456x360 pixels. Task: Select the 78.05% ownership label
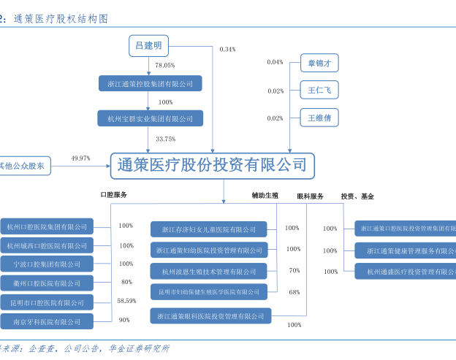[164, 65]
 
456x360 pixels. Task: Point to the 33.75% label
[166, 139]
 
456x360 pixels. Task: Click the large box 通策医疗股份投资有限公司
[212, 165]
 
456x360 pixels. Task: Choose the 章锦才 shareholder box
[319, 64]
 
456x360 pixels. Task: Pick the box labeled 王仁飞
[319, 91]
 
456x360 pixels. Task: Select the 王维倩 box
[319, 118]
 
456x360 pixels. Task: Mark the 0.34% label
[227, 49]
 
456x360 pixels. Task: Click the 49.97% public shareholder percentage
[80, 158]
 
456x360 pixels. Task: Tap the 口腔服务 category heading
[113, 196]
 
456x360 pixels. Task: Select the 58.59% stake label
[126, 301]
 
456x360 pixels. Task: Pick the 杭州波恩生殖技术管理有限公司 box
[209, 272]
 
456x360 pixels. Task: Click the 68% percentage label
[294, 292]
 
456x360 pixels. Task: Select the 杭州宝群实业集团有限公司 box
[151, 118]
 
